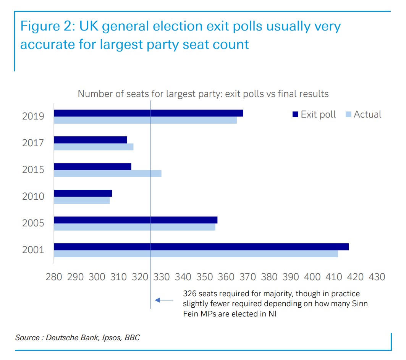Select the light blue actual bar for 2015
tap(107, 174)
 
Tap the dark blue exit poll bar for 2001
tap(201, 247)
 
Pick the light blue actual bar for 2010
tap(82, 200)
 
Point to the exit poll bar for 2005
tap(135, 220)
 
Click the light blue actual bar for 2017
tap(93, 147)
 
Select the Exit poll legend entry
tap(314, 115)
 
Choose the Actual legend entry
tap(364, 115)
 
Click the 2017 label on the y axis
tap(33, 143)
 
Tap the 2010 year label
tap(33, 197)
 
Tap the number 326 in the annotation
tap(190, 294)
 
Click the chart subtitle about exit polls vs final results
tap(203, 94)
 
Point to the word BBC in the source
tap(132, 338)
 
